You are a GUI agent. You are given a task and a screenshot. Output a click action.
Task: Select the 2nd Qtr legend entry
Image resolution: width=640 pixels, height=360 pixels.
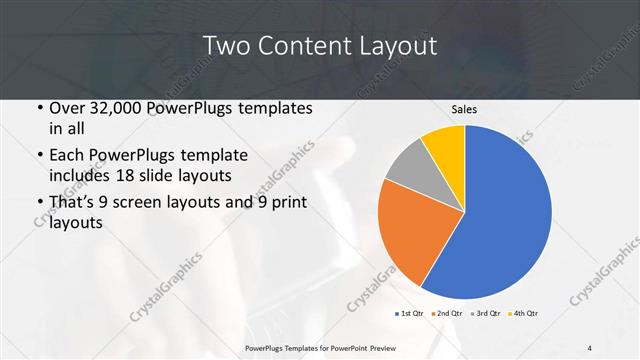point(447,313)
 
